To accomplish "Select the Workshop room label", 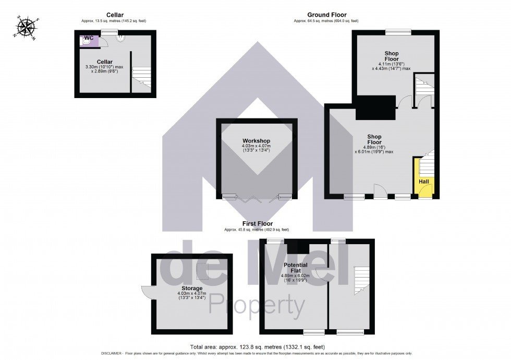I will [256, 141].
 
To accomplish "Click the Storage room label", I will [192, 288].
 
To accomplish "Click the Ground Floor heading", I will [326, 15].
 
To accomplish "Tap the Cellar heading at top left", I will [115, 15].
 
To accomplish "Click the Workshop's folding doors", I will [256, 197].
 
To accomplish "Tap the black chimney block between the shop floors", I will [374, 107].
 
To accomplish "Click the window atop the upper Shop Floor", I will [398, 32].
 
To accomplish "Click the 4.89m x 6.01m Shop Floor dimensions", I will [374, 149].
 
